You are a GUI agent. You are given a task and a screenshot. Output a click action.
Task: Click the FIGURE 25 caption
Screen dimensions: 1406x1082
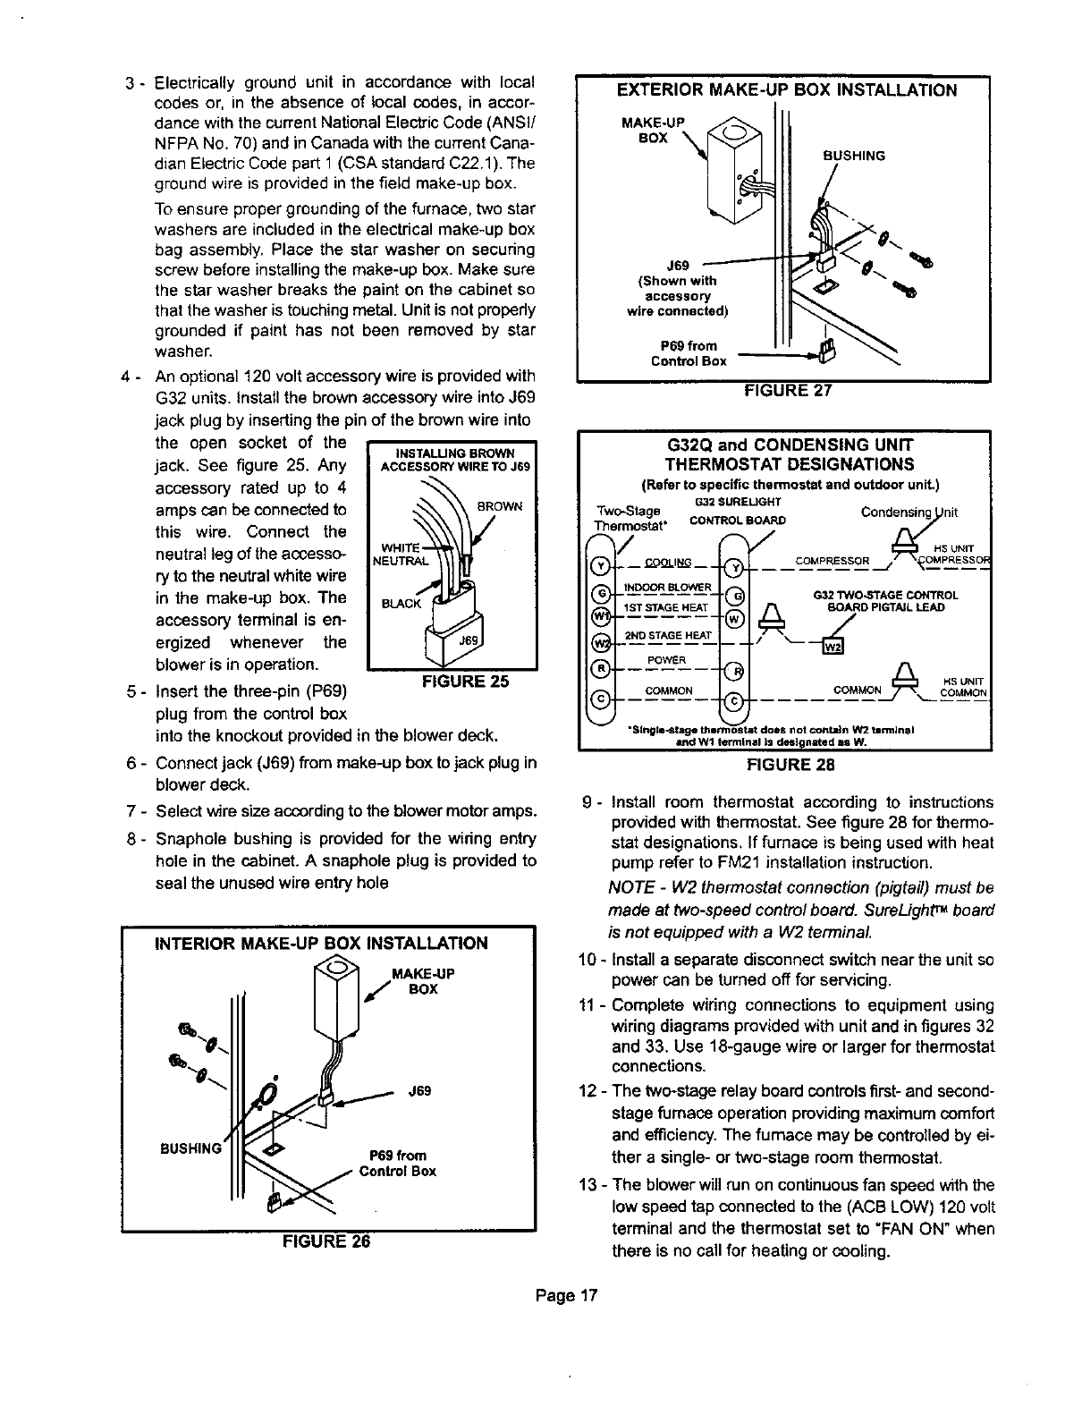click(452, 680)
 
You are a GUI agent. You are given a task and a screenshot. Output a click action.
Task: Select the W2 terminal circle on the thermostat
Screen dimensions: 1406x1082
click(601, 643)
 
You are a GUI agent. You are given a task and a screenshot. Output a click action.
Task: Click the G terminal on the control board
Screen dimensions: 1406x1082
click(731, 597)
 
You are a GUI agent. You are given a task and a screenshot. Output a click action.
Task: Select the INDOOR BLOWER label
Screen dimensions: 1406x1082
click(666, 587)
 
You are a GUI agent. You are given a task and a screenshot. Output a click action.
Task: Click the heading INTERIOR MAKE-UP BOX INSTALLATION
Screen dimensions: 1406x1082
click(322, 944)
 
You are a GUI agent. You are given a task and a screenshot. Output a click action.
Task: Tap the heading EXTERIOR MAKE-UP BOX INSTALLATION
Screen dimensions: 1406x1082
click(783, 90)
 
